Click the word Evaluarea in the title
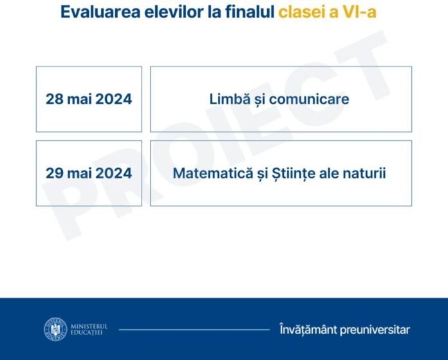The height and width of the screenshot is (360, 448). (100, 12)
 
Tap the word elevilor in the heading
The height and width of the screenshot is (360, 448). (174, 12)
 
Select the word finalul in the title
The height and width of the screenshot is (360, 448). (250, 12)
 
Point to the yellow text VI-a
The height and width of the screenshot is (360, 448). (359, 12)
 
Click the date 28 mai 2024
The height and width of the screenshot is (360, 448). (89, 99)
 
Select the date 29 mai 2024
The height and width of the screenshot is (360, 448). (89, 173)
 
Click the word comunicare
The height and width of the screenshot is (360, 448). (309, 99)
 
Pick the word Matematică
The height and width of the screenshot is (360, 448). (213, 173)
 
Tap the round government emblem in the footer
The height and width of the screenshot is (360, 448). (55, 329)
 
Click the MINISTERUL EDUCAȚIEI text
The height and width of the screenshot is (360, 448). (89, 329)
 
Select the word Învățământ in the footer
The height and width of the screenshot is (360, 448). (308, 329)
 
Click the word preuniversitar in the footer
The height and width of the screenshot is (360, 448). (375, 330)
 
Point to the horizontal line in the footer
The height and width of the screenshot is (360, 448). (194, 330)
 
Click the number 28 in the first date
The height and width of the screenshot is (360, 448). (55, 99)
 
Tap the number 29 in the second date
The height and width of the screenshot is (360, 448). (55, 173)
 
